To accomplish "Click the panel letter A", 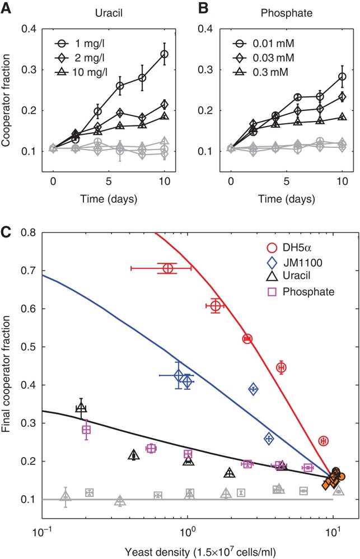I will click(6, 8).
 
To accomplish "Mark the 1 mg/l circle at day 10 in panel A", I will click(164, 54).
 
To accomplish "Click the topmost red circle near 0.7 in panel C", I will click(167, 268).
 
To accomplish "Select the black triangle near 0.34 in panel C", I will click(81, 407).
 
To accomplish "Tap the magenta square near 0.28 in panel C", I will click(86, 430).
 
